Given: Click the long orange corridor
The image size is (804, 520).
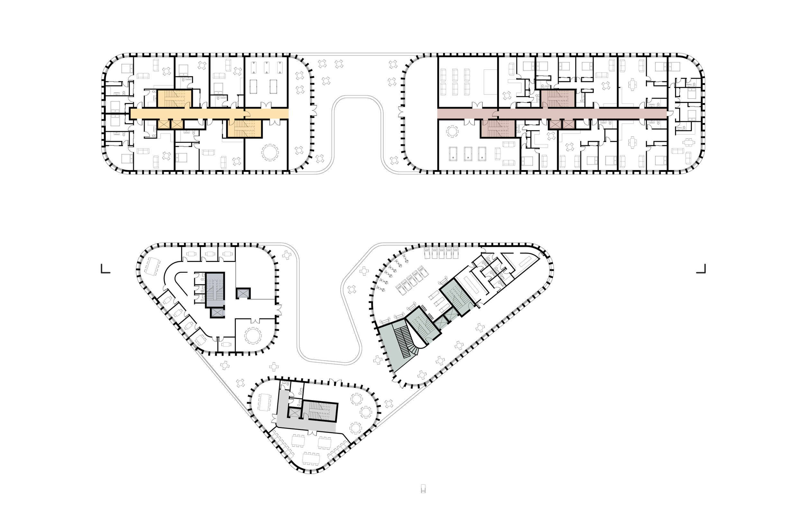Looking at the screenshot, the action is pyautogui.click(x=209, y=113).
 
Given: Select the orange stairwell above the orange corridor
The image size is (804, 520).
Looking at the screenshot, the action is pyautogui.click(x=175, y=99).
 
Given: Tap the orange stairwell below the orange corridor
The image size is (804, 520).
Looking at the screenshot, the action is pyautogui.click(x=245, y=129).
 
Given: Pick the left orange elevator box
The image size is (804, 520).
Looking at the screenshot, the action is pyautogui.click(x=164, y=124).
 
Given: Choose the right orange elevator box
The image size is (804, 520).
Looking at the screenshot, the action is pyautogui.click(x=177, y=124).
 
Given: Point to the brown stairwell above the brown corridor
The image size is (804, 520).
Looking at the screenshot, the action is pyautogui.click(x=558, y=99).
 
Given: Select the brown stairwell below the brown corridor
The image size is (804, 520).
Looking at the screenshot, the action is pyautogui.click(x=498, y=129).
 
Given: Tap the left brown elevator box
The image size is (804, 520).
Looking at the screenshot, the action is pyautogui.click(x=555, y=124).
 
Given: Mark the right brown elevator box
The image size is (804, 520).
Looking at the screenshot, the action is pyautogui.click(x=569, y=124).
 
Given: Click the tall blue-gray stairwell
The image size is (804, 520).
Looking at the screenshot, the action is pyautogui.click(x=215, y=290).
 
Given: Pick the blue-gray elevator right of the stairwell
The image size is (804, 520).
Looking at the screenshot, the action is pyautogui.click(x=243, y=293).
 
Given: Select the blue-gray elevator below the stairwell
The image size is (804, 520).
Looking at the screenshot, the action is pyautogui.click(x=217, y=313).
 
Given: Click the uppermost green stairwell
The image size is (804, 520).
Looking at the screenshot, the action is pyautogui.click(x=457, y=296).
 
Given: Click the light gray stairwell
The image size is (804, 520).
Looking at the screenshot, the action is pyautogui.click(x=320, y=411).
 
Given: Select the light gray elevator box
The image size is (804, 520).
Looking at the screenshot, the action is pyautogui.click(x=295, y=413).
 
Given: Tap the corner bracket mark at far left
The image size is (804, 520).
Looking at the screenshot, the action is pyautogui.click(x=105, y=269).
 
